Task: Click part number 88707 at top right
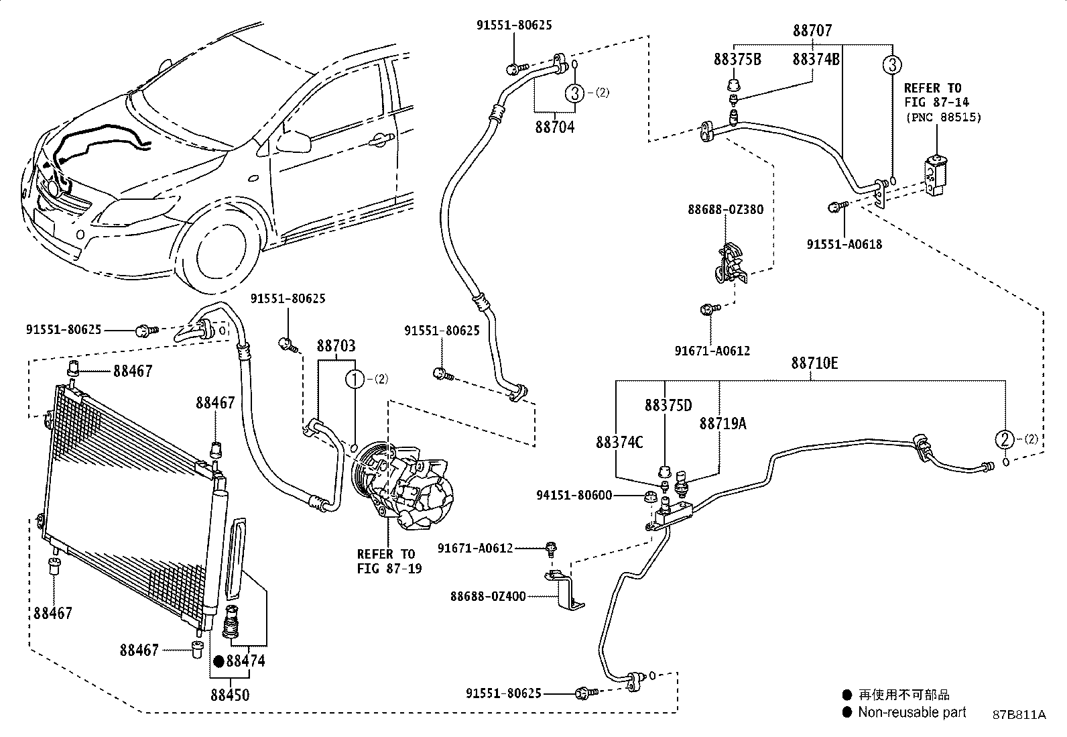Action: (x=812, y=31)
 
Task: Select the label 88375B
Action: (x=737, y=60)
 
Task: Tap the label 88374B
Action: (x=816, y=60)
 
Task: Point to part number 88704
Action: (x=554, y=127)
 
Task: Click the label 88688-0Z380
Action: (x=725, y=210)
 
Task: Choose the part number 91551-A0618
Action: (x=844, y=245)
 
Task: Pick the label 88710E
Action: (x=814, y=363)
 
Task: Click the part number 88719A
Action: (x=723, y=424)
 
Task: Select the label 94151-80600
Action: (x=574, y=496)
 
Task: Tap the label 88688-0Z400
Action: (x=488, y=596)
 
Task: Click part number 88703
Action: (x=336, y=346)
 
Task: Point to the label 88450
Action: (x=229, y=695)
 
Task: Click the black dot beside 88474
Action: (x=217, y=661)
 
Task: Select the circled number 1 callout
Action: (x=354, y=380)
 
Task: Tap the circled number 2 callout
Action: (x=1004, y=440)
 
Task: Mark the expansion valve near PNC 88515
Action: (x=935, y=176)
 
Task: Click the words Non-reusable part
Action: (x=912, y=713)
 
